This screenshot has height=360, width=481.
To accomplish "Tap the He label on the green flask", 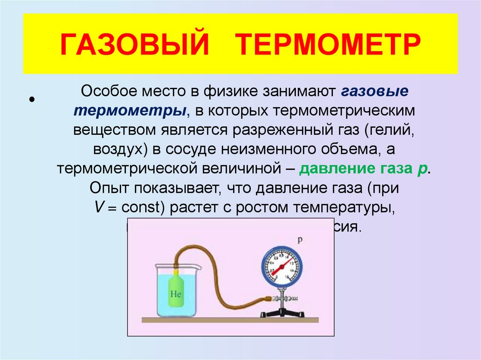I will pos(176,295).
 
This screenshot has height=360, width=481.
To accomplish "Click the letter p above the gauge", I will pos(299,239).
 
